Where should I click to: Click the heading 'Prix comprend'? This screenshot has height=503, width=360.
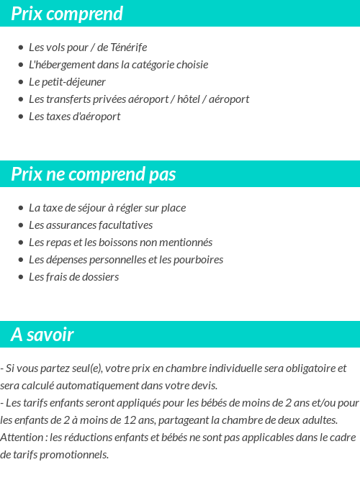[x=67, y=14]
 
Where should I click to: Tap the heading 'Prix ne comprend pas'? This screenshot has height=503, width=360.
[x=93, y=175]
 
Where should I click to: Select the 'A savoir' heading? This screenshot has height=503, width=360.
[x=42, y=335]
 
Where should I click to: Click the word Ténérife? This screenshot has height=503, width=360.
[x=129, y=47]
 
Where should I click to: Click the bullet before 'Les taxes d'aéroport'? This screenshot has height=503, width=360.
[x=20, y=117]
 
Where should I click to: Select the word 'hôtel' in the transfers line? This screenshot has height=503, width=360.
[x=190, y=99]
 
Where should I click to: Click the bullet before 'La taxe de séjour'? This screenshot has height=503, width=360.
[x=20, y=208]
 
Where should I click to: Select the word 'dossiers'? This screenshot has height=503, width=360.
[x=99, y=277]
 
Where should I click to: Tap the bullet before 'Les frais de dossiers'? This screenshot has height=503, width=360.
[x=20, y=277]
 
